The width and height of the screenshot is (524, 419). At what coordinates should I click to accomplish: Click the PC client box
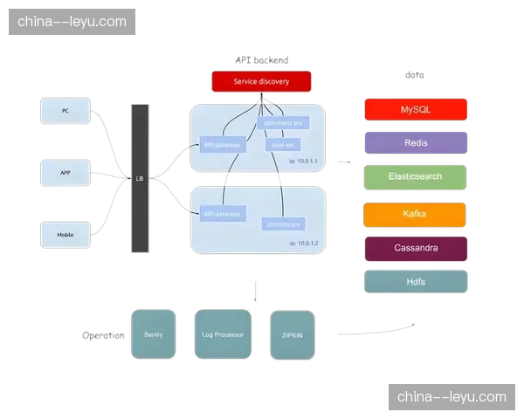click(65, 111)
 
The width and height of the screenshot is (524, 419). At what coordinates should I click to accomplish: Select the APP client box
click(65, 173)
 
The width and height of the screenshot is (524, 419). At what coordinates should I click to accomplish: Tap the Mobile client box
click(65, 235)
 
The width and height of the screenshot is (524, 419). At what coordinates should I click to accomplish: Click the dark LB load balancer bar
click(139, 178)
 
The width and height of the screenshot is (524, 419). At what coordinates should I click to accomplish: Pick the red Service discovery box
click(261, 82)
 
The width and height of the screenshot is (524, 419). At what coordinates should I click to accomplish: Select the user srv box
click(284, 144)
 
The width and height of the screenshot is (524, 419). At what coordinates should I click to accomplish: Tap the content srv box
click(284, 224)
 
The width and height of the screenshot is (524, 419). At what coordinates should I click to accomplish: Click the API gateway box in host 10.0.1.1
click(223, 146)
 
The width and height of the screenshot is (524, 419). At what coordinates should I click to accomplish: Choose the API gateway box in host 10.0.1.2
click(223, 213)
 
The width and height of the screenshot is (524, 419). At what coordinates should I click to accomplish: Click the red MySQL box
click(416, 110)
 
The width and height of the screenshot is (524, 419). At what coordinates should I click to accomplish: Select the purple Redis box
click(416, 143)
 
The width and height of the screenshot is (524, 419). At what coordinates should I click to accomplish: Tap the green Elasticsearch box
click(416, 176)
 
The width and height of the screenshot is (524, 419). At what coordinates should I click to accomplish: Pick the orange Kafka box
click(416, 214)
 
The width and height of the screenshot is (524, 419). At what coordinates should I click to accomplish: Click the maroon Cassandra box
click(416, 248)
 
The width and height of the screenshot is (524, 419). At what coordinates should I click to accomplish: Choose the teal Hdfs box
click(416, 282)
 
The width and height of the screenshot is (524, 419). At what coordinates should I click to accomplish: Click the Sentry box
click(153, 334)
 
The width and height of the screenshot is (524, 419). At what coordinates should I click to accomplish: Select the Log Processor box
click(223, 334)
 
